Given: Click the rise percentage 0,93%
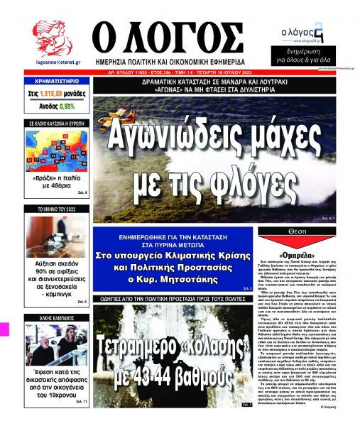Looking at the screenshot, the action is pyautogui.click(x=67, y=106).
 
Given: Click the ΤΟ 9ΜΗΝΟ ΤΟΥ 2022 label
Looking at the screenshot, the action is pyautogui.click(x=51, y=211).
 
